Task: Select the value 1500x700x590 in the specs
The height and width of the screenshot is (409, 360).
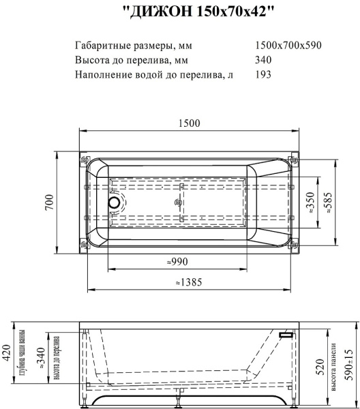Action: point(287,46)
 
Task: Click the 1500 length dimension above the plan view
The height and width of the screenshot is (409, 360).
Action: point(189,123)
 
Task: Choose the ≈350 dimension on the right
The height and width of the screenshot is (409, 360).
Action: point(312,202)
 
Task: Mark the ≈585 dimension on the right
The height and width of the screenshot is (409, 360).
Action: point(330,202)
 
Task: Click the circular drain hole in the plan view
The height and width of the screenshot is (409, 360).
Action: point(114,202)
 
